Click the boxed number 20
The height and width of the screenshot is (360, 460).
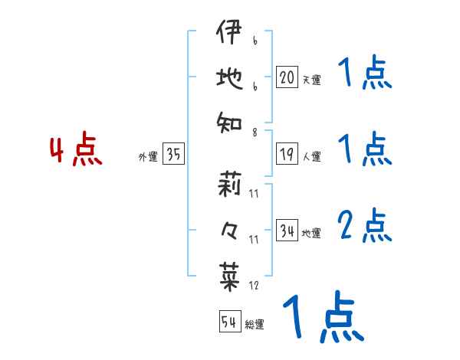pos(287,77)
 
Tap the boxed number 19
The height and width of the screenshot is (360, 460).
pos(287,155)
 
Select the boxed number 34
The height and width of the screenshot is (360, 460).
pos(287,231)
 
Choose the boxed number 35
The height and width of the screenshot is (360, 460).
pos(173,155)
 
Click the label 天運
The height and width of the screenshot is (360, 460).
pos(311,80)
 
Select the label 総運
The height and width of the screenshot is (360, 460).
pos(255,324)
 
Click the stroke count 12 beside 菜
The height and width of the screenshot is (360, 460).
pos(254,286)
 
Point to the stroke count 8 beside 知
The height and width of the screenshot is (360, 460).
pos(254,133)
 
